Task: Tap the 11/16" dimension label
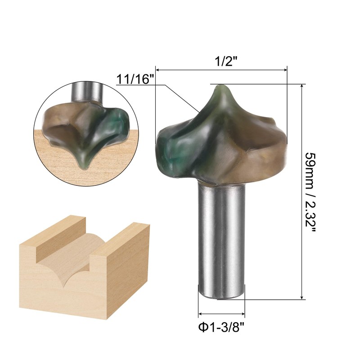(135, 80)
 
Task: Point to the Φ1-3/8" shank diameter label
(220, 327)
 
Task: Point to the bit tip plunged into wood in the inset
(85, 165)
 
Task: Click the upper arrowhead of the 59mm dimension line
(301, 86)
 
